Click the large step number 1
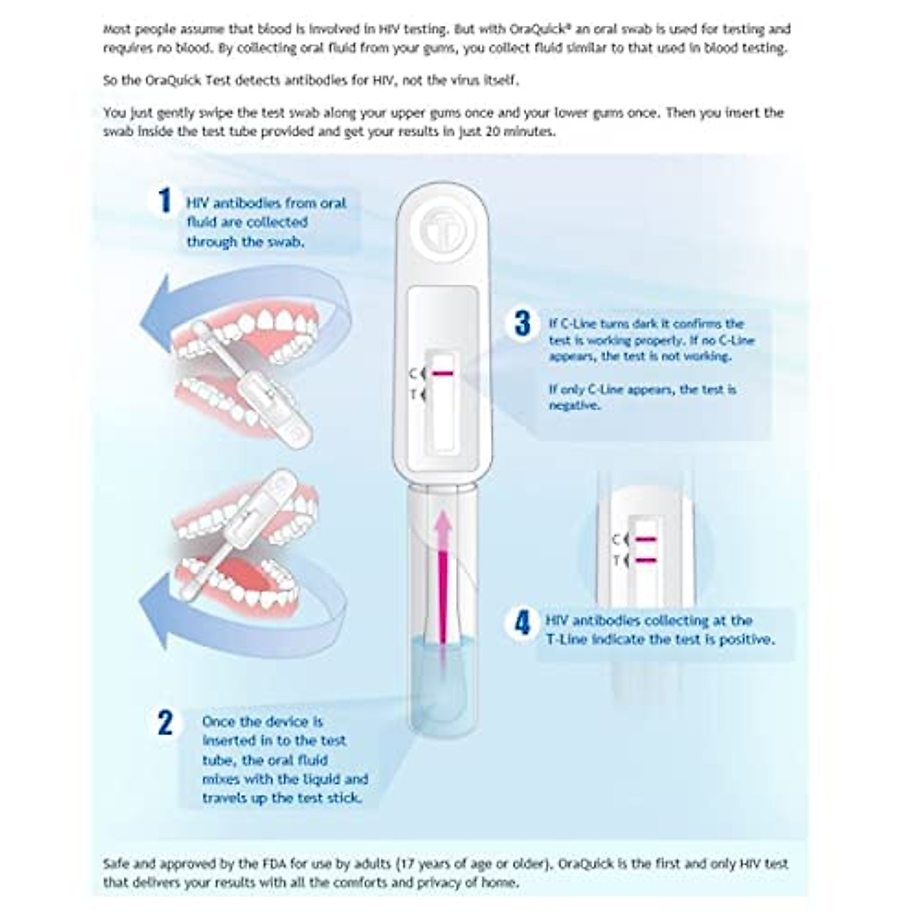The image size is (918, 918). coord(164,200)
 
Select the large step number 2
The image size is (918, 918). coord(165,722)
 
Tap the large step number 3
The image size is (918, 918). coord(522,323)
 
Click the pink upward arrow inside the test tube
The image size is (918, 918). coord(441,574)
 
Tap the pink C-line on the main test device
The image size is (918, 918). coord(442,373)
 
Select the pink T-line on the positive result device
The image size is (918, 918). coord(646,561)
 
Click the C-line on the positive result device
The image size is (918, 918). coord(646,540)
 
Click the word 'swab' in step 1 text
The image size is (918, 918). coord(285,242)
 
